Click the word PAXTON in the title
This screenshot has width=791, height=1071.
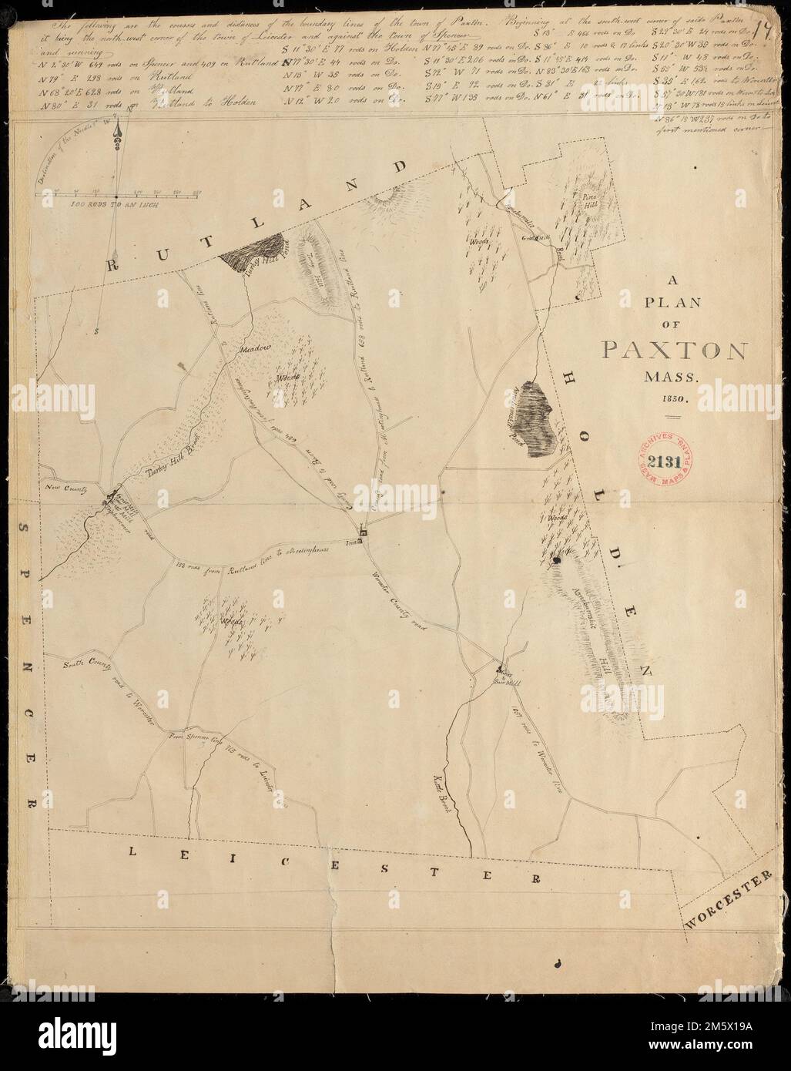click(672, 351)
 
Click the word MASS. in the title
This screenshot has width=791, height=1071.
click(672, 379)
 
